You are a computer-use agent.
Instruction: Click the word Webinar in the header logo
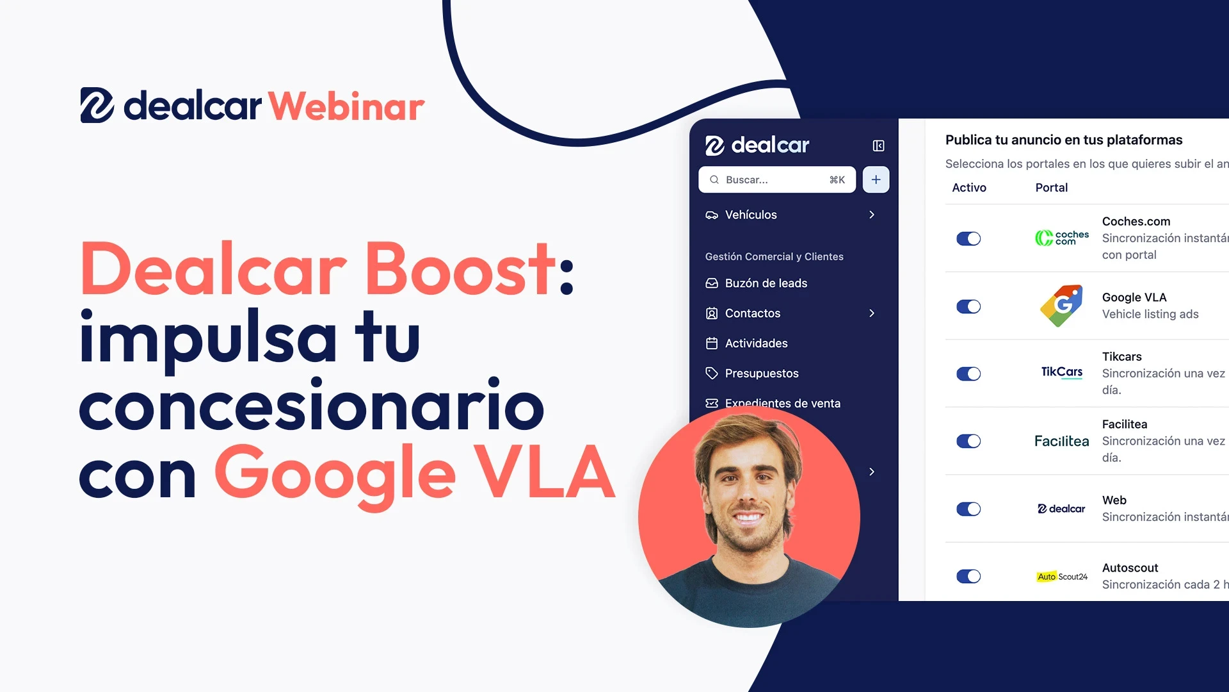coord(346,106)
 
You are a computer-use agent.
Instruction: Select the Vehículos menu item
coord(750,215)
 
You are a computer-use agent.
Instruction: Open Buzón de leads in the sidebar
coord(766,283)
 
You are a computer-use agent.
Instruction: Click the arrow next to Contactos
coord(872,313)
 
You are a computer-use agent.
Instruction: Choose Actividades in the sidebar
coord(756,343)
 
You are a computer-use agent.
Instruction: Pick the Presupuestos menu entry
coord(761,374)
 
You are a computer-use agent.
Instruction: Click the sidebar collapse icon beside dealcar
coord(878,146)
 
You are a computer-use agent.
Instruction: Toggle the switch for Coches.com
coord(968,239)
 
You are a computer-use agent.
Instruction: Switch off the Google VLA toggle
coord(968,307)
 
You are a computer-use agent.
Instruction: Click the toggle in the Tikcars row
coord(968,374)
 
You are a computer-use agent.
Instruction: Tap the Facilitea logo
coord(1061,441)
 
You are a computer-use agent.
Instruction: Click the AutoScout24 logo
coord(1062,577)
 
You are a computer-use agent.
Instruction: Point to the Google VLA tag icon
coord(1062,306)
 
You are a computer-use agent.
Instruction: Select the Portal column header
coord(1051,188)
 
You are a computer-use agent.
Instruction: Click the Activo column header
coord(968,188)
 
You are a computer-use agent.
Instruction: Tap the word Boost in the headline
coord(460,269)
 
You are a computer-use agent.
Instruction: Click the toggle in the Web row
coord(968,509)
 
